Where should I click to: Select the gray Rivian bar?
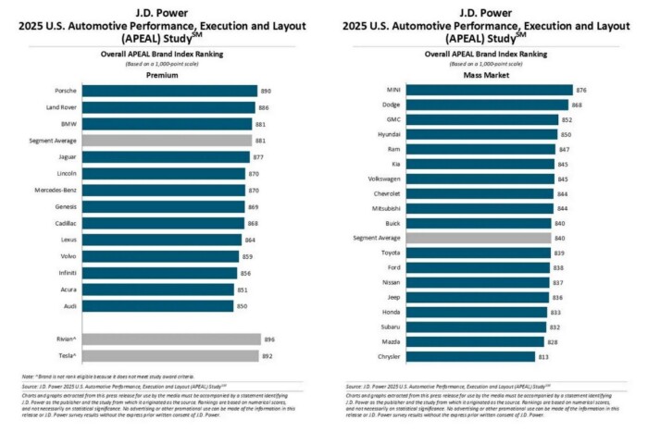171,339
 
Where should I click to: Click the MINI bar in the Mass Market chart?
488,91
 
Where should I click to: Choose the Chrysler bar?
469,356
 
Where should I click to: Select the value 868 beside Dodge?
577,105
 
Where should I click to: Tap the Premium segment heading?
163,75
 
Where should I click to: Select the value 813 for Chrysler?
544,356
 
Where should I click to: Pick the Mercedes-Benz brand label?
54,191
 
